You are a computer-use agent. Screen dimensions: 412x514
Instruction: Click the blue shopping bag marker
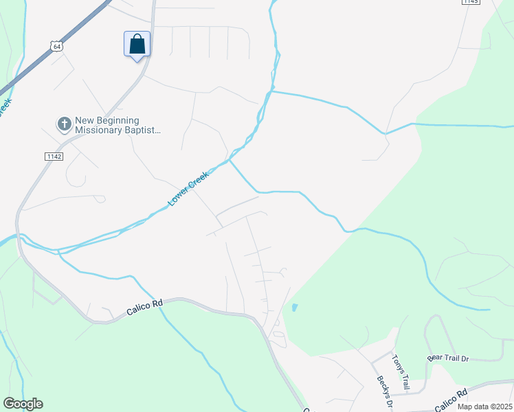[x=137, y=45]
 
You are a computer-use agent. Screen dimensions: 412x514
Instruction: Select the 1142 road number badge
[x=54, y=157]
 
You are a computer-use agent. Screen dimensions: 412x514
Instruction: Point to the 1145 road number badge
[x=471, y=2]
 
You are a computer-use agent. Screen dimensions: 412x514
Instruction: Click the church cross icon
[x=64, y=124]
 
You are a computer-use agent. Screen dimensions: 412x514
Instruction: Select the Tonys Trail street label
[x=401, y=371]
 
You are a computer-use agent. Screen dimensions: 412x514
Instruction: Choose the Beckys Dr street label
[x=383, y=390]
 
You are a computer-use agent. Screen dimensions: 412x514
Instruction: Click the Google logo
[x=23, y=404]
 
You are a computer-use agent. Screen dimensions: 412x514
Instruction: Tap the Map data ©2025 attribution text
[x=484, y=406]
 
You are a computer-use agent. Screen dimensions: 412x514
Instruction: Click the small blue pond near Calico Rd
[x=295, y=308]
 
